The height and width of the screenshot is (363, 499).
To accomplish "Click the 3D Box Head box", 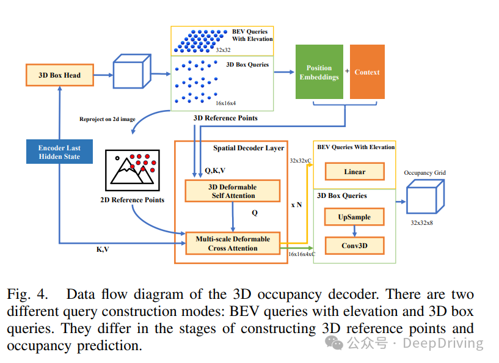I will pyautogui.click(x=60, y=75).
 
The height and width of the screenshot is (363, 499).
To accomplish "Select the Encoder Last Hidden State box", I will pyautogui.click(x=60, y=152).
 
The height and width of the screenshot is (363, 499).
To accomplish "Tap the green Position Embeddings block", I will pyautogui.click(x=319, y=72).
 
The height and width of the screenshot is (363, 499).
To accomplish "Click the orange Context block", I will pyautogui.click(x=367, y=72).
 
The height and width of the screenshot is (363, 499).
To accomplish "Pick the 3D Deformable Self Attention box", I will pyautogui.click(x=233, y=191).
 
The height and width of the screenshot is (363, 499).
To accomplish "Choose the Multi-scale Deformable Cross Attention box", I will pyautogui.click(x=233, y=243).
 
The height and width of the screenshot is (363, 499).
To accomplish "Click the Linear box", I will pyautogui.click(x=354, y=172).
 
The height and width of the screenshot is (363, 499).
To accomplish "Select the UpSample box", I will pyautogui.click(x=354, y=217).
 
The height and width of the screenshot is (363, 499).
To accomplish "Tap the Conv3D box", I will pyautogui.click(x=354, y=246).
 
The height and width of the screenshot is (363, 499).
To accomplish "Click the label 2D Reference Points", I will pyautogui.click(x=133, y=200).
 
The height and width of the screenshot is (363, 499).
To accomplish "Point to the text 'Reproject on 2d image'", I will pyautogui.click(x=107, y=119).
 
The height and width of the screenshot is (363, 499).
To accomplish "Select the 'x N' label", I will pyautogui.click(x=296, y=205).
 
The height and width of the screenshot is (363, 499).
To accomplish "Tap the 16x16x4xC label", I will pyautogui.click(x=302, y=254).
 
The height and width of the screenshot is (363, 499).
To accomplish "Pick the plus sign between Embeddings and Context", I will pyautogui.click(x=347, y=71).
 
